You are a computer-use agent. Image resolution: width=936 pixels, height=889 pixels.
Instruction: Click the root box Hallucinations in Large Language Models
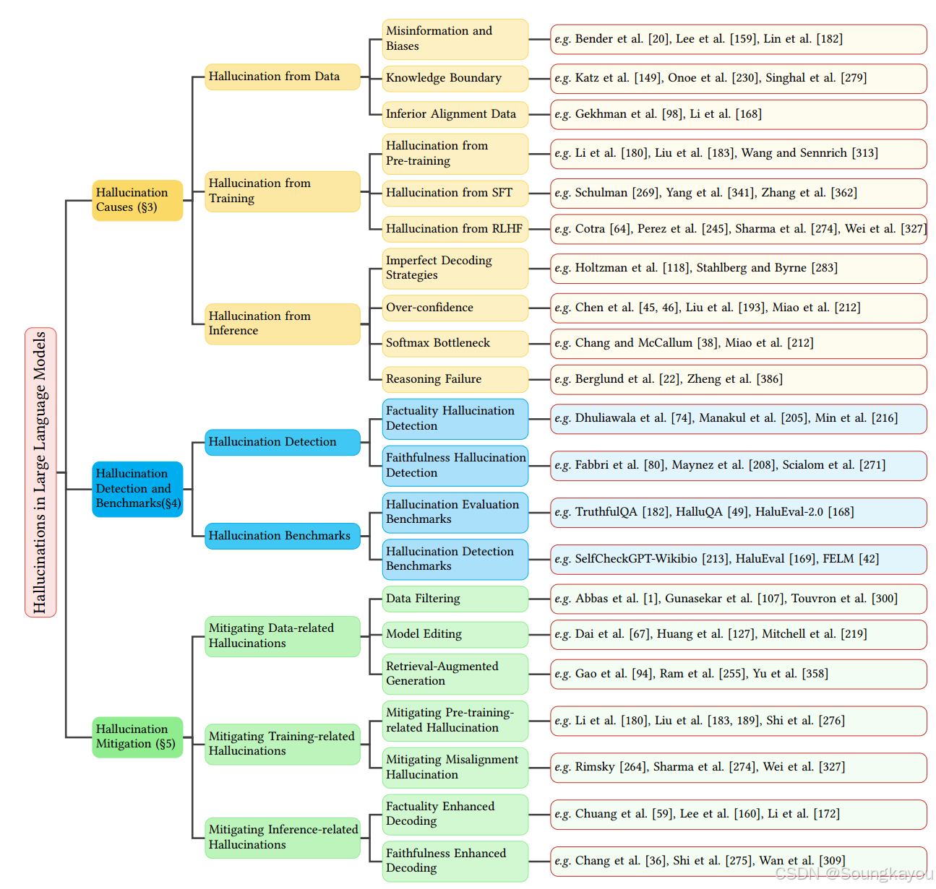pyautogui.click(x=40, y=472)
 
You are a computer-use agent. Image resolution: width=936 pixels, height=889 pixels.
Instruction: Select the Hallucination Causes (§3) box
pyautogui.click(x=137, y=200)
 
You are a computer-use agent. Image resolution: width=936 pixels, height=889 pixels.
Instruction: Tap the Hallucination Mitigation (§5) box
pyautogui.click(x=137, y=737)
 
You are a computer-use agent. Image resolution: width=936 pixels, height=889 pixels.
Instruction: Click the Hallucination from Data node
pyautogui.click(x=282, y=77)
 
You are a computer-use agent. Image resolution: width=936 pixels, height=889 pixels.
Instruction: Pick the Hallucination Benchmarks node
pyautogui.click(x=282, y=536)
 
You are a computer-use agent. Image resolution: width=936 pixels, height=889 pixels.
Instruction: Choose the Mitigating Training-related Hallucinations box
pyautogui.click(x=282, y=744)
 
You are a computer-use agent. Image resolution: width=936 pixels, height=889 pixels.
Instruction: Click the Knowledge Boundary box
pyautogui.click(x=455, y=78)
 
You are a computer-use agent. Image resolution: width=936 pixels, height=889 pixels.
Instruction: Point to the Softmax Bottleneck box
pyautogui.click(x=455, y=343)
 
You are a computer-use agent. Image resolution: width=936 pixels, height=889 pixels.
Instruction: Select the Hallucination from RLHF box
pyautogui.click(x=455, y=229)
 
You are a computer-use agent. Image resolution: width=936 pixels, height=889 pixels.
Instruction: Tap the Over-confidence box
pyautogui.click(x=455, y=308)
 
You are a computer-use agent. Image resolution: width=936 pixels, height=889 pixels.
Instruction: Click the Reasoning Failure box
pyautogui.click(x=455, y=379)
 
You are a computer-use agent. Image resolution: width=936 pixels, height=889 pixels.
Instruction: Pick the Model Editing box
pyautogui.click(x=455, y=634)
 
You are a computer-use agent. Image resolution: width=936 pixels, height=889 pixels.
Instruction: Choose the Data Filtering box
pyautogui.click(x=455, y=599)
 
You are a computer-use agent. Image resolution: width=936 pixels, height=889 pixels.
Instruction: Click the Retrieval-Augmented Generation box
pyautogui.click(x=455, y=674)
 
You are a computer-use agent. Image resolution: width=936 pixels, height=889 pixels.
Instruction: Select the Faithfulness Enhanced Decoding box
pyautogui.click(x=455, y=861)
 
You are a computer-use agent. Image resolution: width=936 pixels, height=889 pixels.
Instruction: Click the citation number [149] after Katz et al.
pyautogui.click(x=648, y=78)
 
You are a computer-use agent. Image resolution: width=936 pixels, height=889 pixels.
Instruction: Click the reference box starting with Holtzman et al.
pyautogui.click(x=738, y=268)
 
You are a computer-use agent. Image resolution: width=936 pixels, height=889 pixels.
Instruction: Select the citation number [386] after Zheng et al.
pyautogui.click(x=769, y=379)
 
